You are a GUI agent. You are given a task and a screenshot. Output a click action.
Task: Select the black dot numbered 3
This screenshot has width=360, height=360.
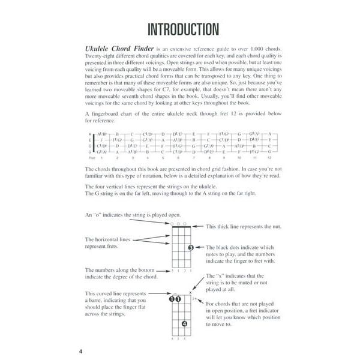[x=190, y=247]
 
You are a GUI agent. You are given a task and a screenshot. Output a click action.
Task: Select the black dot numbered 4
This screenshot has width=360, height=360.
[x=184, y=325]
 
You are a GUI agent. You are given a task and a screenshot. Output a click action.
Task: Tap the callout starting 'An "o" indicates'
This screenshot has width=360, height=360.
[x=124, y=214]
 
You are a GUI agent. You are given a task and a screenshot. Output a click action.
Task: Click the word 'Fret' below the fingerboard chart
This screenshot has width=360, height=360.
[x=90, y=157]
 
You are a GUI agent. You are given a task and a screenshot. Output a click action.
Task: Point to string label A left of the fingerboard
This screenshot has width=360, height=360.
[x=89, y=134]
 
